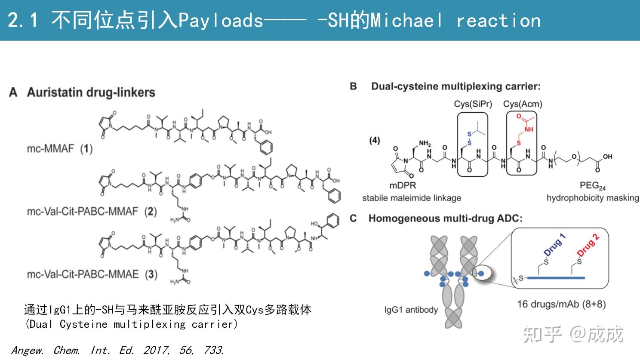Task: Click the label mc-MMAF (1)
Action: (x=59, y=149)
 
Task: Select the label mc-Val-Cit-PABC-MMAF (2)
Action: (x=91, y=211)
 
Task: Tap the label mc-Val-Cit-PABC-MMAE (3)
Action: (x=92, y=274)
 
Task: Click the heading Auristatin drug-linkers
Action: (x=91, y=92)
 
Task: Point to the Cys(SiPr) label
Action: (x=473, y=104)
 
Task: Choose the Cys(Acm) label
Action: (x=523, y=104)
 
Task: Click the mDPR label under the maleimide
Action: (x=403, y=185)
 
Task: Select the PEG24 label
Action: (x=592, y=186)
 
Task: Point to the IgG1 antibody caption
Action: (x=411, y=310)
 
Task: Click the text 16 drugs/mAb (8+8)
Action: (x=561, y=304)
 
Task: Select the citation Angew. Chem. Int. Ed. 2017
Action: (x=117, y=350)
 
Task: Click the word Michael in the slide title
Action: (x=406, y=20)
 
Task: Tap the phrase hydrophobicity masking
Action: (x=592, y=198)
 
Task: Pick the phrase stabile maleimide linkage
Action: (x=412, y=198)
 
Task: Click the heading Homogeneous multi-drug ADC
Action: (x=445, y=218)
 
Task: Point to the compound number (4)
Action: (x=375, y=140)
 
